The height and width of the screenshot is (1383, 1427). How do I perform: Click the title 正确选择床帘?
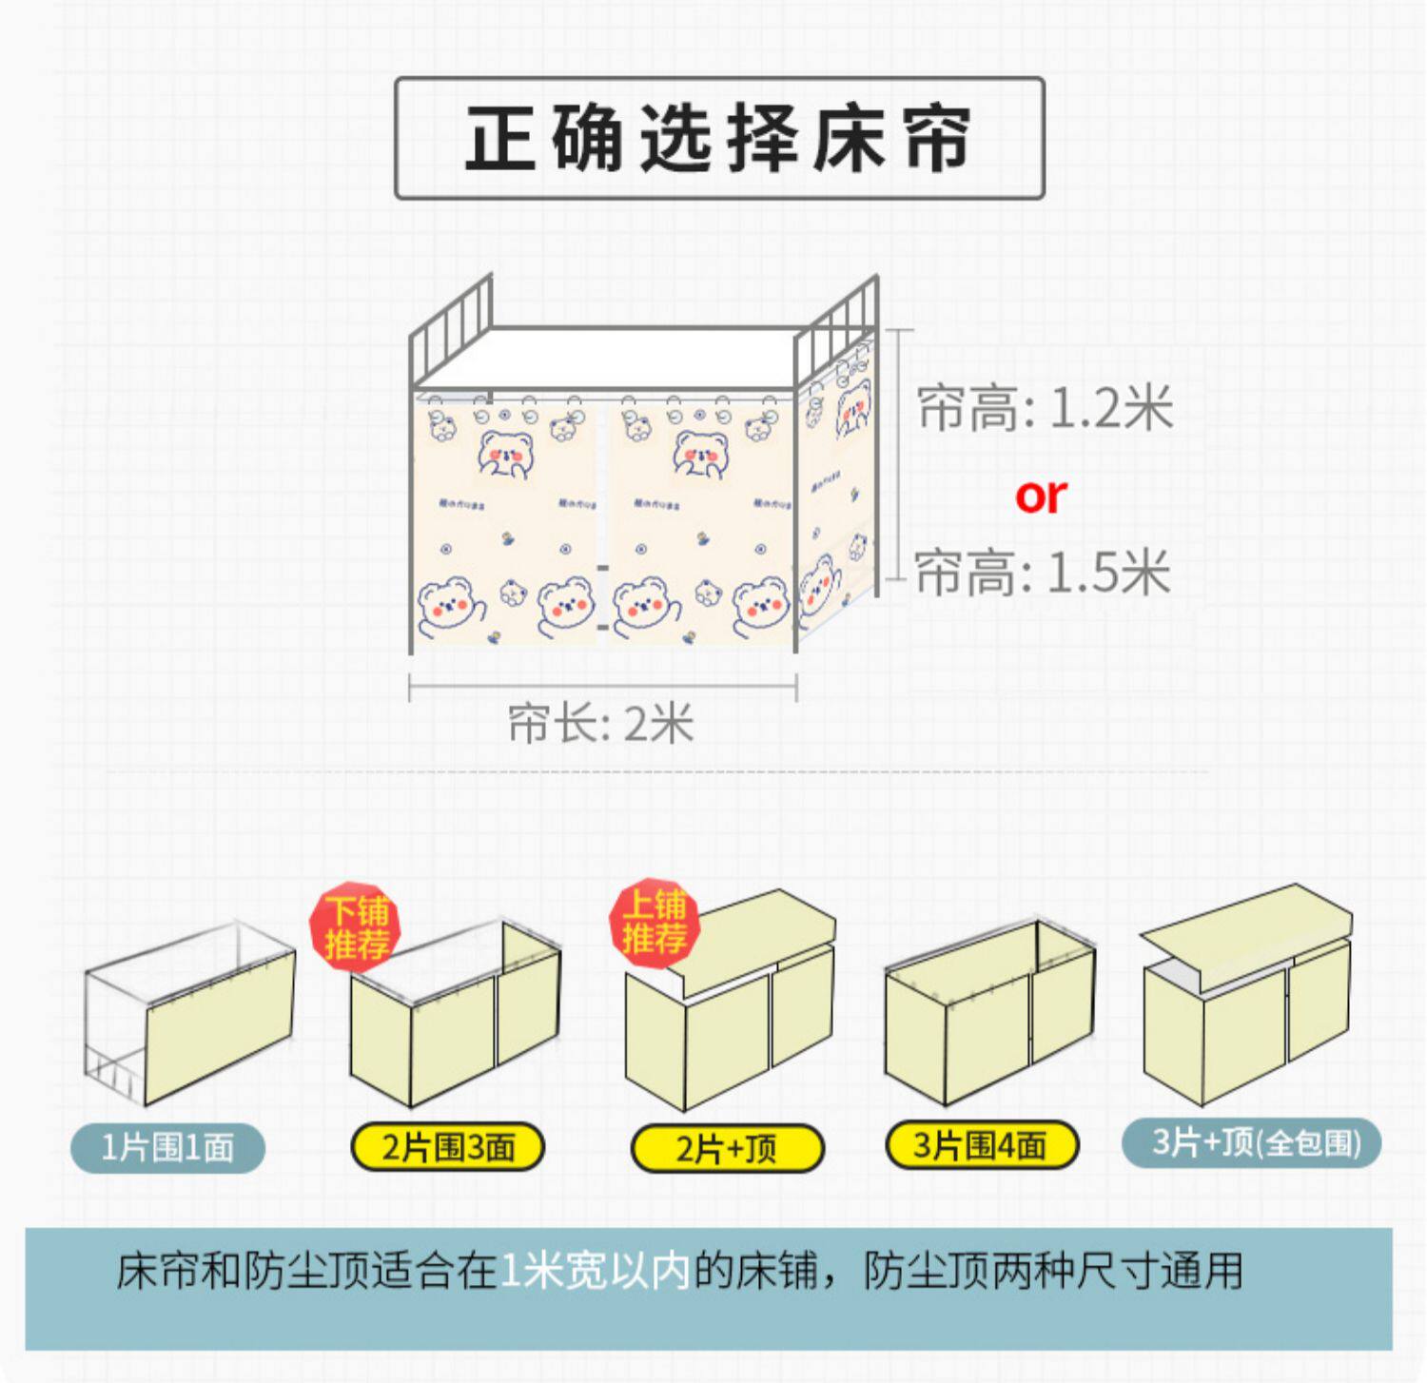point(719,138)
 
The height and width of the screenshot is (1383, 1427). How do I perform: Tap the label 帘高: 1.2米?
point(1045,408)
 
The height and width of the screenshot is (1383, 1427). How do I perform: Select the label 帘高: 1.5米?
point(1043,573)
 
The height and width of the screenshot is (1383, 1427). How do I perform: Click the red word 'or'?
point(1041,496)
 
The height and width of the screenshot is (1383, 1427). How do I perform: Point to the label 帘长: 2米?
point(600,724)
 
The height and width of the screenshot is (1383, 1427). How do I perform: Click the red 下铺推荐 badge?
point(356,927)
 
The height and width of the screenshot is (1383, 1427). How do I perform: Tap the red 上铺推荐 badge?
point(655,922)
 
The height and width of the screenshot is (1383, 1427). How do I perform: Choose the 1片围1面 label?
point(167,1146)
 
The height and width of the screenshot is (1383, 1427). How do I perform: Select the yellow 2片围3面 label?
point(448,1147)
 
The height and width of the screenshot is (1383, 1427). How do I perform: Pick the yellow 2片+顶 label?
point(727,1148)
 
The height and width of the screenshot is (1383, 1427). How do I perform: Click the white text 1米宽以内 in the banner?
point(595,1271)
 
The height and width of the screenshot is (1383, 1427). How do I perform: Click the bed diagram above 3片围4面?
point(989,1013)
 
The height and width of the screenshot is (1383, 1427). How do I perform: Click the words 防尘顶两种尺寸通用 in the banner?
point(1053,1271)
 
